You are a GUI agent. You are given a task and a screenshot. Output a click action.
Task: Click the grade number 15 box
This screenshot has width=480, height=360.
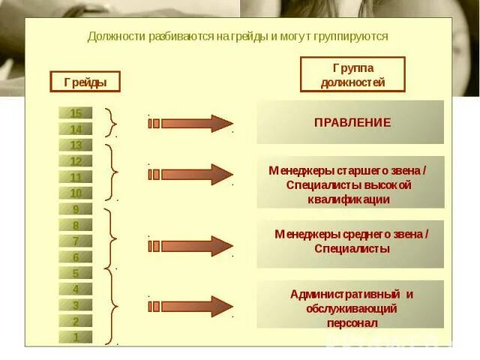(x=76, y=113)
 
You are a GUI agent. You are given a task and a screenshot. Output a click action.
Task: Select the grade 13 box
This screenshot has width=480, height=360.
(x=76, y=145)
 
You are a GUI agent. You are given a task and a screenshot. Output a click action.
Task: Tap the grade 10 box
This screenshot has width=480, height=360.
(x=76, y=193)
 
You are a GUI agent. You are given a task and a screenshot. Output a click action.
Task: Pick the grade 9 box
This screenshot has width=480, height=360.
(x=76, y=209)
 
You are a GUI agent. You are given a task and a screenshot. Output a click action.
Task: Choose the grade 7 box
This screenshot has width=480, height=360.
(x=76, y=241)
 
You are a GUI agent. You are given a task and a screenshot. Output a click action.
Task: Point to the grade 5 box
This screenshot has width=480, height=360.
(x=76, y=274)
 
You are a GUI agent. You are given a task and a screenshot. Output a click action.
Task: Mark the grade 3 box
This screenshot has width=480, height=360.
(x=76, y=305)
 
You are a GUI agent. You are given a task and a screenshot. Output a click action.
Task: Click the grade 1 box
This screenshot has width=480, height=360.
(x=76, y=337)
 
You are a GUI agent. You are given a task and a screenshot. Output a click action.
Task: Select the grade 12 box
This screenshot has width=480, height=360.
(x=76, y=161)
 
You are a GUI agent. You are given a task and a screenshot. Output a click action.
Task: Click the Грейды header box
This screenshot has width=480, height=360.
(x=85, y=81)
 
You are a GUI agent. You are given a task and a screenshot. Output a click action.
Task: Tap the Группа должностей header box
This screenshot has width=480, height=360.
(x=352, y=74)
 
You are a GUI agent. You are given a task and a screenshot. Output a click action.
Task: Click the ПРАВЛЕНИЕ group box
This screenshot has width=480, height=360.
(x=350, y=122)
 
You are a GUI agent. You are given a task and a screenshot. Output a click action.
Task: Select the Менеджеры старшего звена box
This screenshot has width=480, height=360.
(x=350, y=182)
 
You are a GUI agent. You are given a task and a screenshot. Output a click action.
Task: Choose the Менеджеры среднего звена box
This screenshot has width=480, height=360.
(x=350, y=242)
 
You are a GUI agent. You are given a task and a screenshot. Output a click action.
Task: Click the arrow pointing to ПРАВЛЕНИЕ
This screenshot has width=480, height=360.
(x=191, y=123)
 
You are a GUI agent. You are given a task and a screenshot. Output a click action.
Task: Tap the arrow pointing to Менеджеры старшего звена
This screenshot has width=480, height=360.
(x=191, y=174)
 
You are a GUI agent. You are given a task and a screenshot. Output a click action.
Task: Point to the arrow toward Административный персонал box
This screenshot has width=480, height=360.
(x=191, y=305)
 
